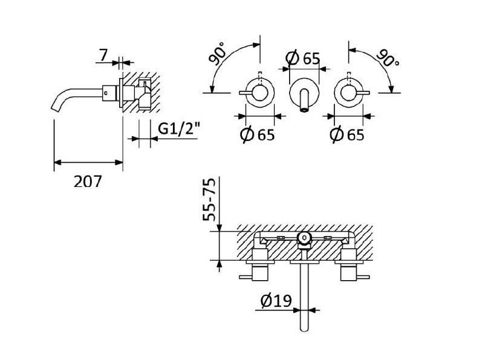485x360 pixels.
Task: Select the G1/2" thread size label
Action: (x=179, y=129)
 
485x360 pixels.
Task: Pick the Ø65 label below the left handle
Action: (x=258, y=134)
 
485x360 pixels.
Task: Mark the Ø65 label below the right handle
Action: (x=347, y=134)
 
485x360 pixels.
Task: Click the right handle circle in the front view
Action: (x=348, y=91)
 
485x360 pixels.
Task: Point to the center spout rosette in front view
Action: (x=304, y=92)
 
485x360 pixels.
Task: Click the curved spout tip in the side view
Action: (x=54, y=106)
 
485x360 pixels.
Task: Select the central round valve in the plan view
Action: (x=304, y=239)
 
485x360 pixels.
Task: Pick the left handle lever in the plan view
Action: (x=248, y=277)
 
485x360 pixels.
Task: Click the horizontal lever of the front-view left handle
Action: (x=247, y=92)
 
